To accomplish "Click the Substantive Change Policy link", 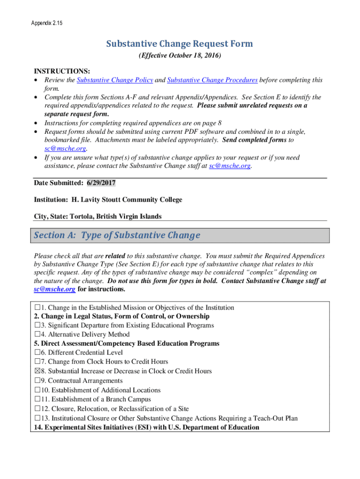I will [x=115, y=80].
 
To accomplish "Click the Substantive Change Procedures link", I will [x=212, y=80].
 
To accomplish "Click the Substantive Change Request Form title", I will [x=180, y=44].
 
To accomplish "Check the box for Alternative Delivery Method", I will [x=37, y=335].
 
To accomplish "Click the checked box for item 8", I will [x=37, y=371].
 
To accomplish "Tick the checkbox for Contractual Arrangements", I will [x=37, y=381].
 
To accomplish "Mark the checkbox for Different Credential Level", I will [x=37, y=353].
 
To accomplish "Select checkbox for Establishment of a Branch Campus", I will [x=37, y=399].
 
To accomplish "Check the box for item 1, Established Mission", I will [x=37, y=308].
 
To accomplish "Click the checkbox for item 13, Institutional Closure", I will [x=37, y=418].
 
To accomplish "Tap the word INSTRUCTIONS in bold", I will [x=62, y=71].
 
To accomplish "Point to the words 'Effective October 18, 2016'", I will [x=180, y=56].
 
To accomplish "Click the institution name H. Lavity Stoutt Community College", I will [x=127, y=200].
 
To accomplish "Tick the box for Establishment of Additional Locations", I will [x=37, y=390].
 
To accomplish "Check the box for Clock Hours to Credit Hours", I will [x=37, y=362].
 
